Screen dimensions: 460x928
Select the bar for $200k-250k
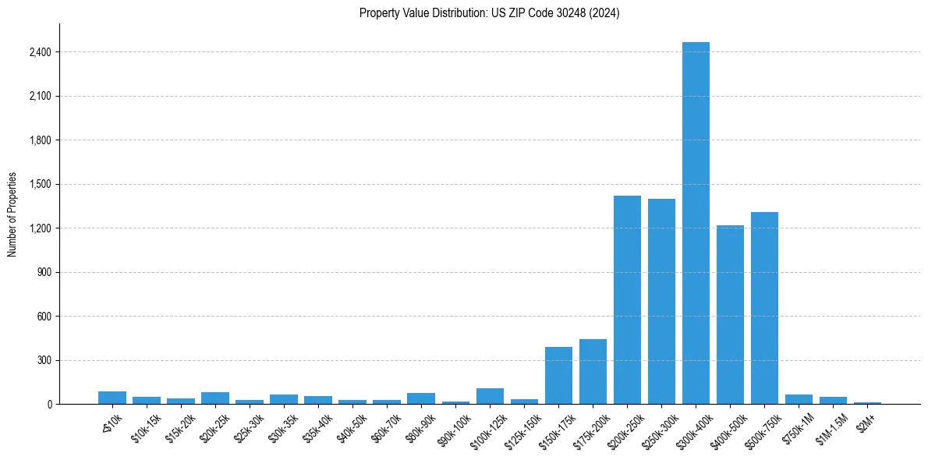[627, 300]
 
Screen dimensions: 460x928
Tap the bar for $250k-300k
[661, 302]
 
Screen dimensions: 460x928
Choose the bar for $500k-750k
[764, 308]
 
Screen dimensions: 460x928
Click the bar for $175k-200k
[593, 372]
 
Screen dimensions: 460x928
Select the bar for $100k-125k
[490, 396]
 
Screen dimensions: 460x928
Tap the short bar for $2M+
[867, 403]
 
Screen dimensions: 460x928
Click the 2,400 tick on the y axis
[40, 52]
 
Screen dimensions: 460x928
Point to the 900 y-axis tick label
[44, 272]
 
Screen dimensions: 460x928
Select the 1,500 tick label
[40, 184]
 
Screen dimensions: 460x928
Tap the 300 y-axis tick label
[44, 360]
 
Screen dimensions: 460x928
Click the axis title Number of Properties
[12, 214]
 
